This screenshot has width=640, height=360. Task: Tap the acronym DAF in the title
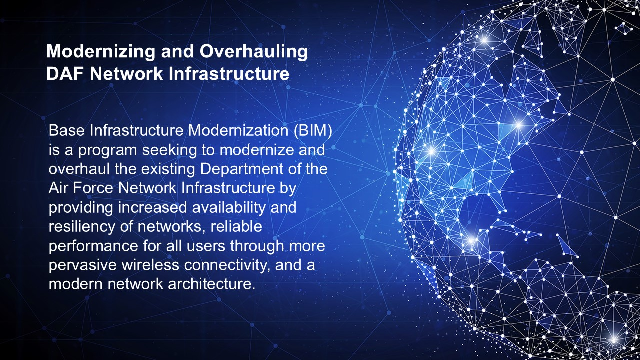65,74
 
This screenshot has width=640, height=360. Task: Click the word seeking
169,151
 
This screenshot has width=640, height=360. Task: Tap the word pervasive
83,265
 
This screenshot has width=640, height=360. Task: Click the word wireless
150,265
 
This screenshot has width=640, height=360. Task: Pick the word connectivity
227,265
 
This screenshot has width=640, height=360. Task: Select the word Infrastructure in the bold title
229,74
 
